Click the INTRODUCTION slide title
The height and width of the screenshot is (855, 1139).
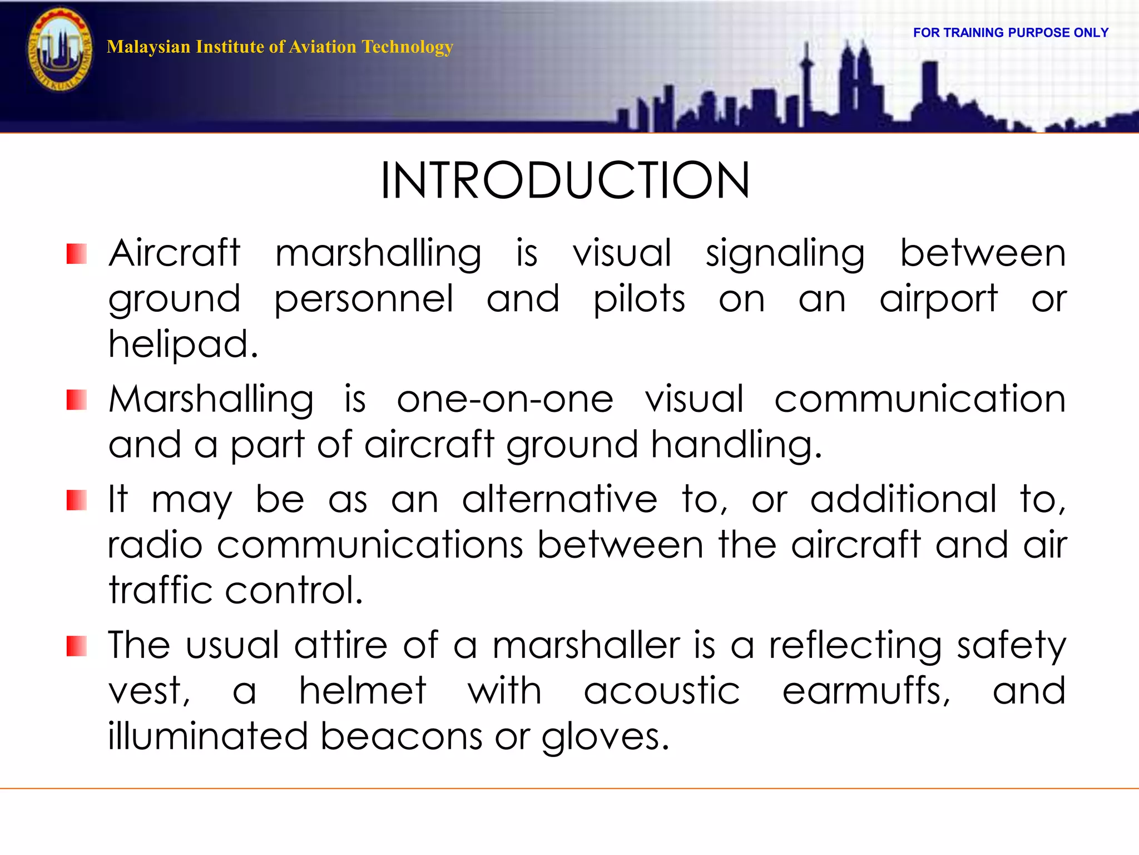click(565, 181)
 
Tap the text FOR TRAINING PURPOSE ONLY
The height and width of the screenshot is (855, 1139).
click(1011, 33)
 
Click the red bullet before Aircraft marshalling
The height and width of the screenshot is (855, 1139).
click(77, 254)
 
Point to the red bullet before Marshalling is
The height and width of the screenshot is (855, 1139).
click(77, 400)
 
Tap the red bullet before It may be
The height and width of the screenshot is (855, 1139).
click(77, 500)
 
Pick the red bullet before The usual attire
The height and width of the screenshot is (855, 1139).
click(77, 646)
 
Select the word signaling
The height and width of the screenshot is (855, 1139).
click(785, 254)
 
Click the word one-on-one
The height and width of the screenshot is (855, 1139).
click(504, 400)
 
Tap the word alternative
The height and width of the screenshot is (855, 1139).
click(559, 500)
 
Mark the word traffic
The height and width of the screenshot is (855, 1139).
click(160, 591)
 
